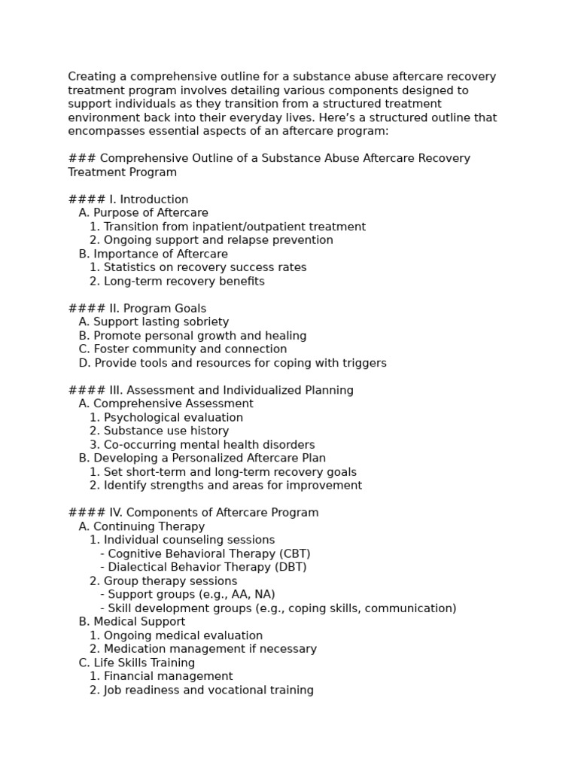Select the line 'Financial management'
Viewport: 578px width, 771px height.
tap(168, 676)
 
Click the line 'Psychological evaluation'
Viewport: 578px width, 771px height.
tap(173, 417)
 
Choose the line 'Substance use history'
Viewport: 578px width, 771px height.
tap(166, 431)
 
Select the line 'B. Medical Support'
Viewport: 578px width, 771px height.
tap(132, 622)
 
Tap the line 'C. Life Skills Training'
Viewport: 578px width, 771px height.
tap(136, 663)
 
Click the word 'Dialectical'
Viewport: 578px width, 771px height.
tap(140, 567)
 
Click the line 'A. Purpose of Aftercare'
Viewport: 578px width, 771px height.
tap(143, 213)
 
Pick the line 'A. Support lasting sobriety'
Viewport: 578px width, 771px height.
tap(154, 322)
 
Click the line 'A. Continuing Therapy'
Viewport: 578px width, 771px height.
tap(141, 526)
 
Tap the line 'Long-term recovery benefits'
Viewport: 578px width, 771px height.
tap(184, 281)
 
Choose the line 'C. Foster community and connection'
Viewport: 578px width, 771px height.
tap(182, 349)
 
